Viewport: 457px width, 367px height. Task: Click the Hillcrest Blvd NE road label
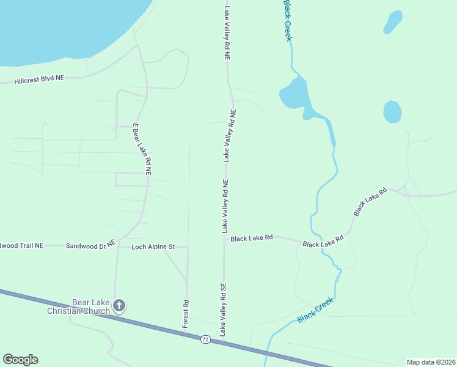[39, 80]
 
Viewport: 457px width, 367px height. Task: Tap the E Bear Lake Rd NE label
[142, 149]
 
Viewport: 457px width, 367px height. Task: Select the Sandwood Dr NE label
[90, 245]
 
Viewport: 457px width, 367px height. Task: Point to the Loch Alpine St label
[153, 247]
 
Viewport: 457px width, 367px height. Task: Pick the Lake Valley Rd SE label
[224, 310]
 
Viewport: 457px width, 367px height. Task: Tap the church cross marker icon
[119, 306]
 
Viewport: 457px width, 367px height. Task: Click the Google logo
[20, 360]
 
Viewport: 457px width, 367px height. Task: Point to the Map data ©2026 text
[430, 362]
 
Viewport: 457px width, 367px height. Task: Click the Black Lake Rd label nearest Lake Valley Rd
[251, 238]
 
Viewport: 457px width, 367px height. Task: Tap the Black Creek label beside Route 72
[315, 311]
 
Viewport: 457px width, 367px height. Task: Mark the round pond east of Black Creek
[392, 112]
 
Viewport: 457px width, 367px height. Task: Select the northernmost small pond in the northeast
[393, 23]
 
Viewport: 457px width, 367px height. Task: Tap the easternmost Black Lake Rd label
[370, 201]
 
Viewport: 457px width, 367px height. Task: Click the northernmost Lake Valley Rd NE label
[227, 32]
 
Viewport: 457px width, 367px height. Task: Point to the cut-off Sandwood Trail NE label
[22, 245]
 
